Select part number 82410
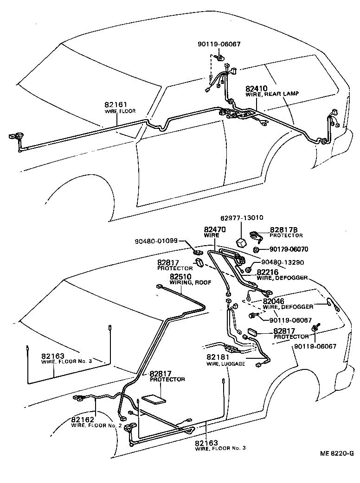[x=257, y=88]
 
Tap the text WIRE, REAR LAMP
[x=272, y=94]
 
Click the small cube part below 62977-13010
[x=241, y=242]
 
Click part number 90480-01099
[x=157, y=241]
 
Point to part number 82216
[x=268, y=272]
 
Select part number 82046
[x=274, y=301]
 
